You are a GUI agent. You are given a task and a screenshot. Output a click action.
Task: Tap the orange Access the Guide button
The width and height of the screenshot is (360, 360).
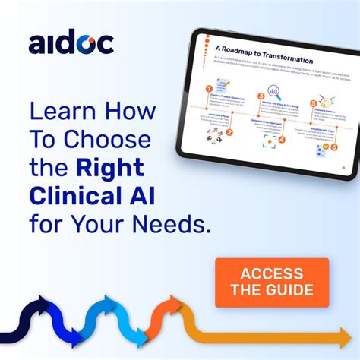[271, 283]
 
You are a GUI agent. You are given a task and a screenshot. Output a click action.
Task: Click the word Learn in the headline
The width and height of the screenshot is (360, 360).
[62, 112]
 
